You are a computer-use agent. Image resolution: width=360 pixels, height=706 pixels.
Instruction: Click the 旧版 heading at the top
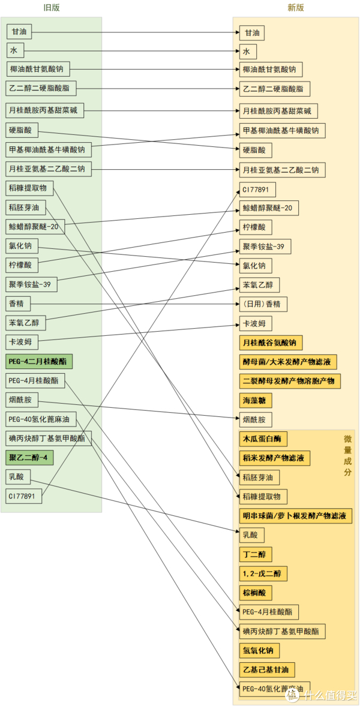[x=52, y=8]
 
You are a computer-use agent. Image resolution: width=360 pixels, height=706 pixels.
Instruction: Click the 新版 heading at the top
[x=295, y=8]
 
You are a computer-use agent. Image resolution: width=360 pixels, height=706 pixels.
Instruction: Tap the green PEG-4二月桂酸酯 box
[x=40, y=361]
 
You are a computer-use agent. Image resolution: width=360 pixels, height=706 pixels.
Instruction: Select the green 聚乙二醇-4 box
[x=30, y=458]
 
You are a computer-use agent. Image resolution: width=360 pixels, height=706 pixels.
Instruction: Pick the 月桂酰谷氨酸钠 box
[x=271, y=343]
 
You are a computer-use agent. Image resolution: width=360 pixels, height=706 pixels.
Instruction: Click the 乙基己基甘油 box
[x=268, y=669]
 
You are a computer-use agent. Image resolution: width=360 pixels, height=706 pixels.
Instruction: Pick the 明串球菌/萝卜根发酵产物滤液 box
[x=296, y=515]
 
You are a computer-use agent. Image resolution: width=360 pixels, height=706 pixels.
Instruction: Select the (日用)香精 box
[x=263, y=304]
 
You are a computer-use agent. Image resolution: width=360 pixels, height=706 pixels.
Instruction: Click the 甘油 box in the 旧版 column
[x=19, y=32]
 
